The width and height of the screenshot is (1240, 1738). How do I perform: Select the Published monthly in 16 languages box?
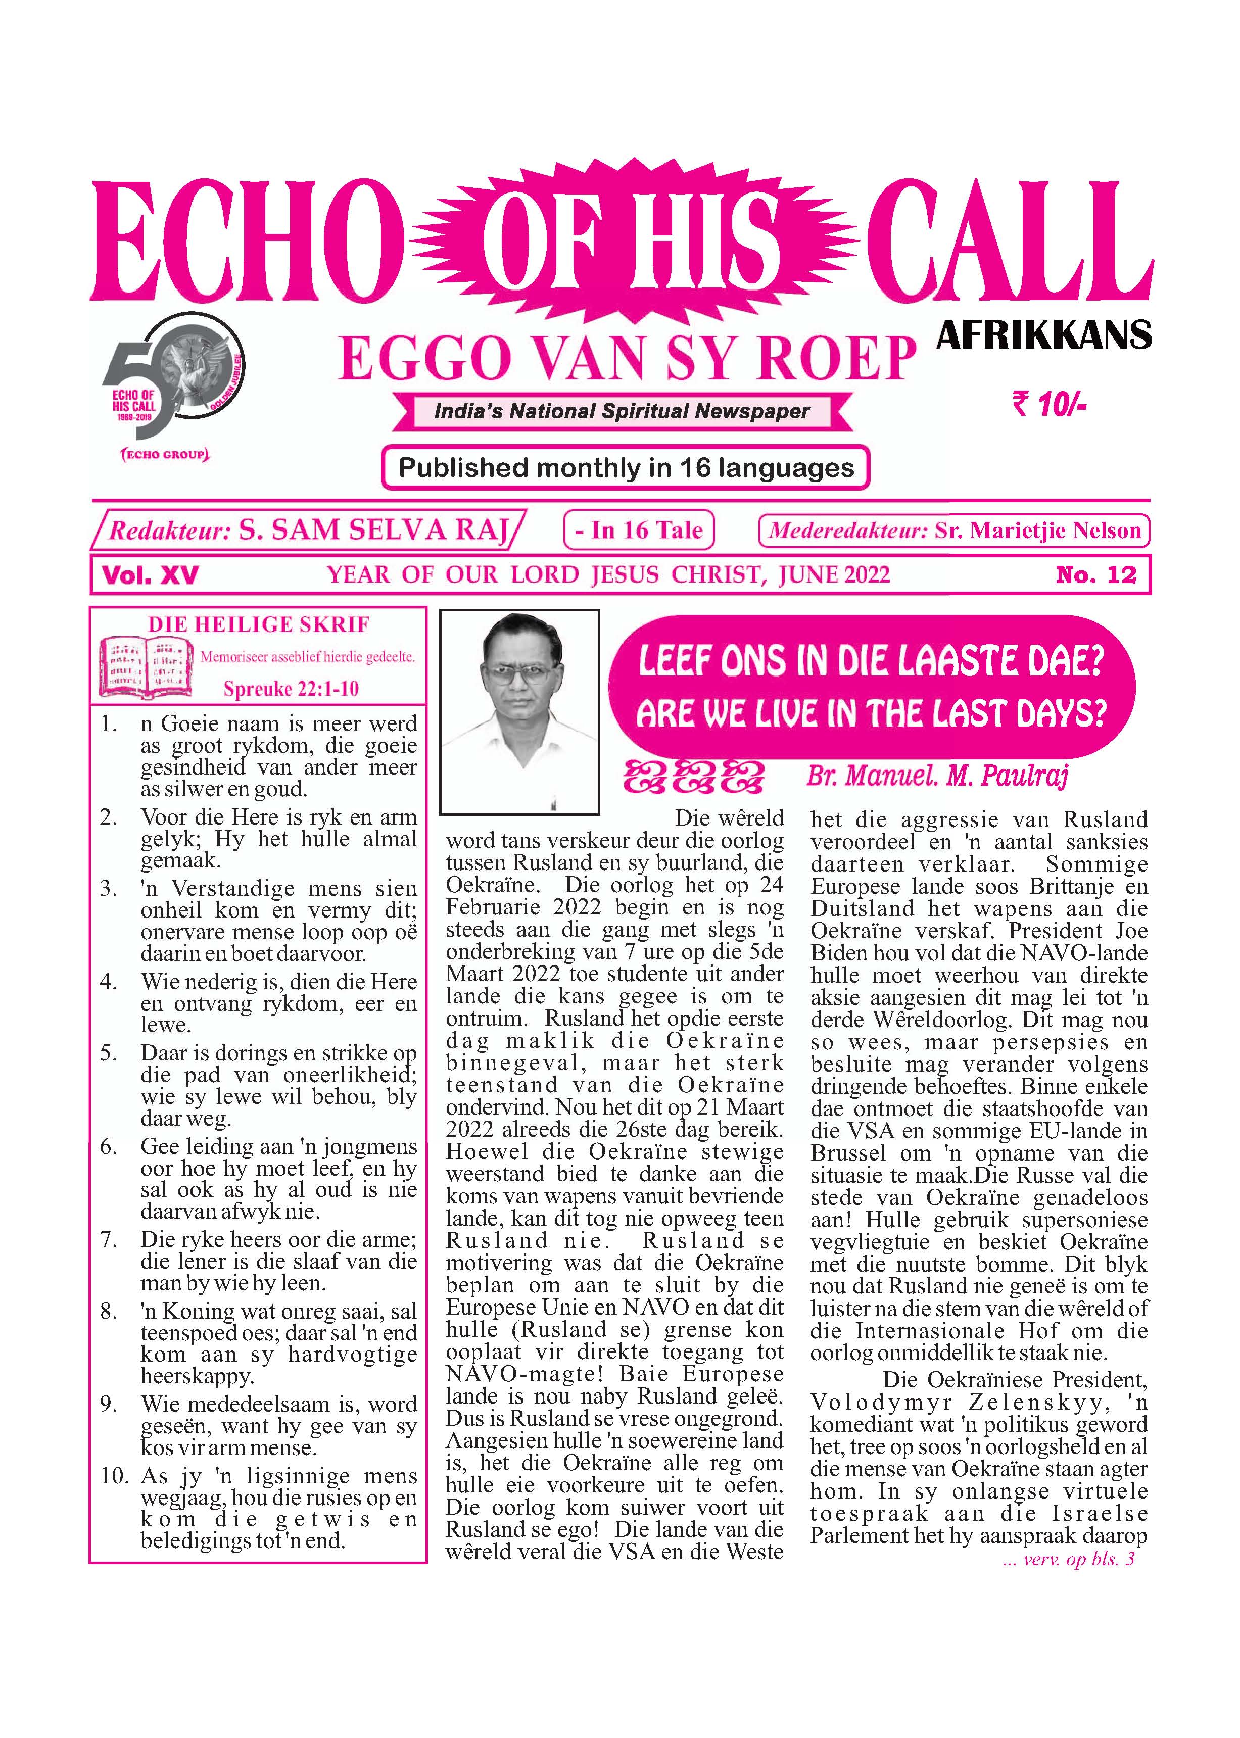click(x=626, y=467)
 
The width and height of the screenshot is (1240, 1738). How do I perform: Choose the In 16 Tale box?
click(x=638, y=529)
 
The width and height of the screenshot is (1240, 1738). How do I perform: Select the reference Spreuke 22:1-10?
click(x=291, y=689)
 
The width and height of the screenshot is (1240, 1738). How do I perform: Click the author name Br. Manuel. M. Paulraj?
click(x=937, y=776)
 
